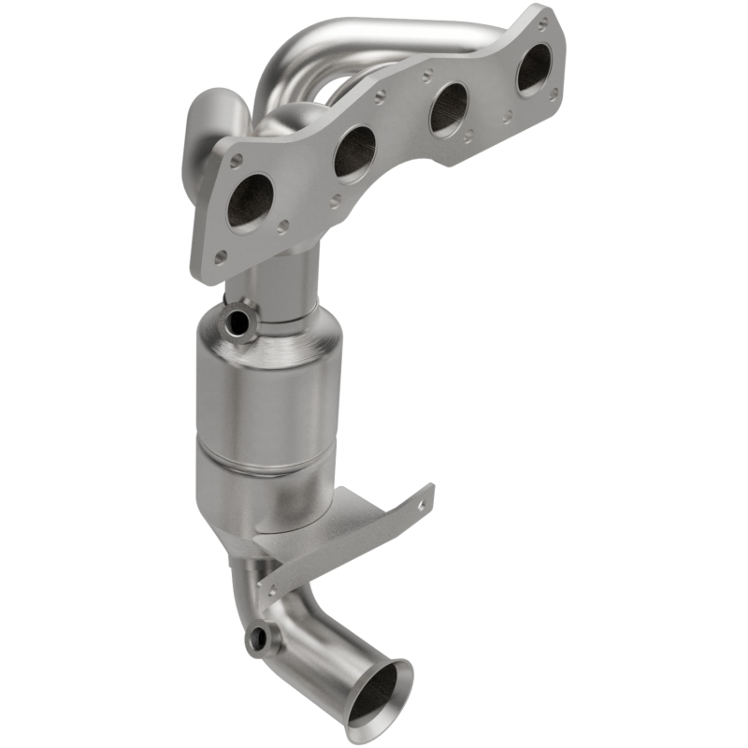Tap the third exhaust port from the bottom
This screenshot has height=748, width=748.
click(449, 108)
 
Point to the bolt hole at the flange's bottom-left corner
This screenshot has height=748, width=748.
click(220, 256)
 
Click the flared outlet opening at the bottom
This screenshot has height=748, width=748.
click(379, 692)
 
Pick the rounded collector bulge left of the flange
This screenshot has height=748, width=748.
click(220, 122)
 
